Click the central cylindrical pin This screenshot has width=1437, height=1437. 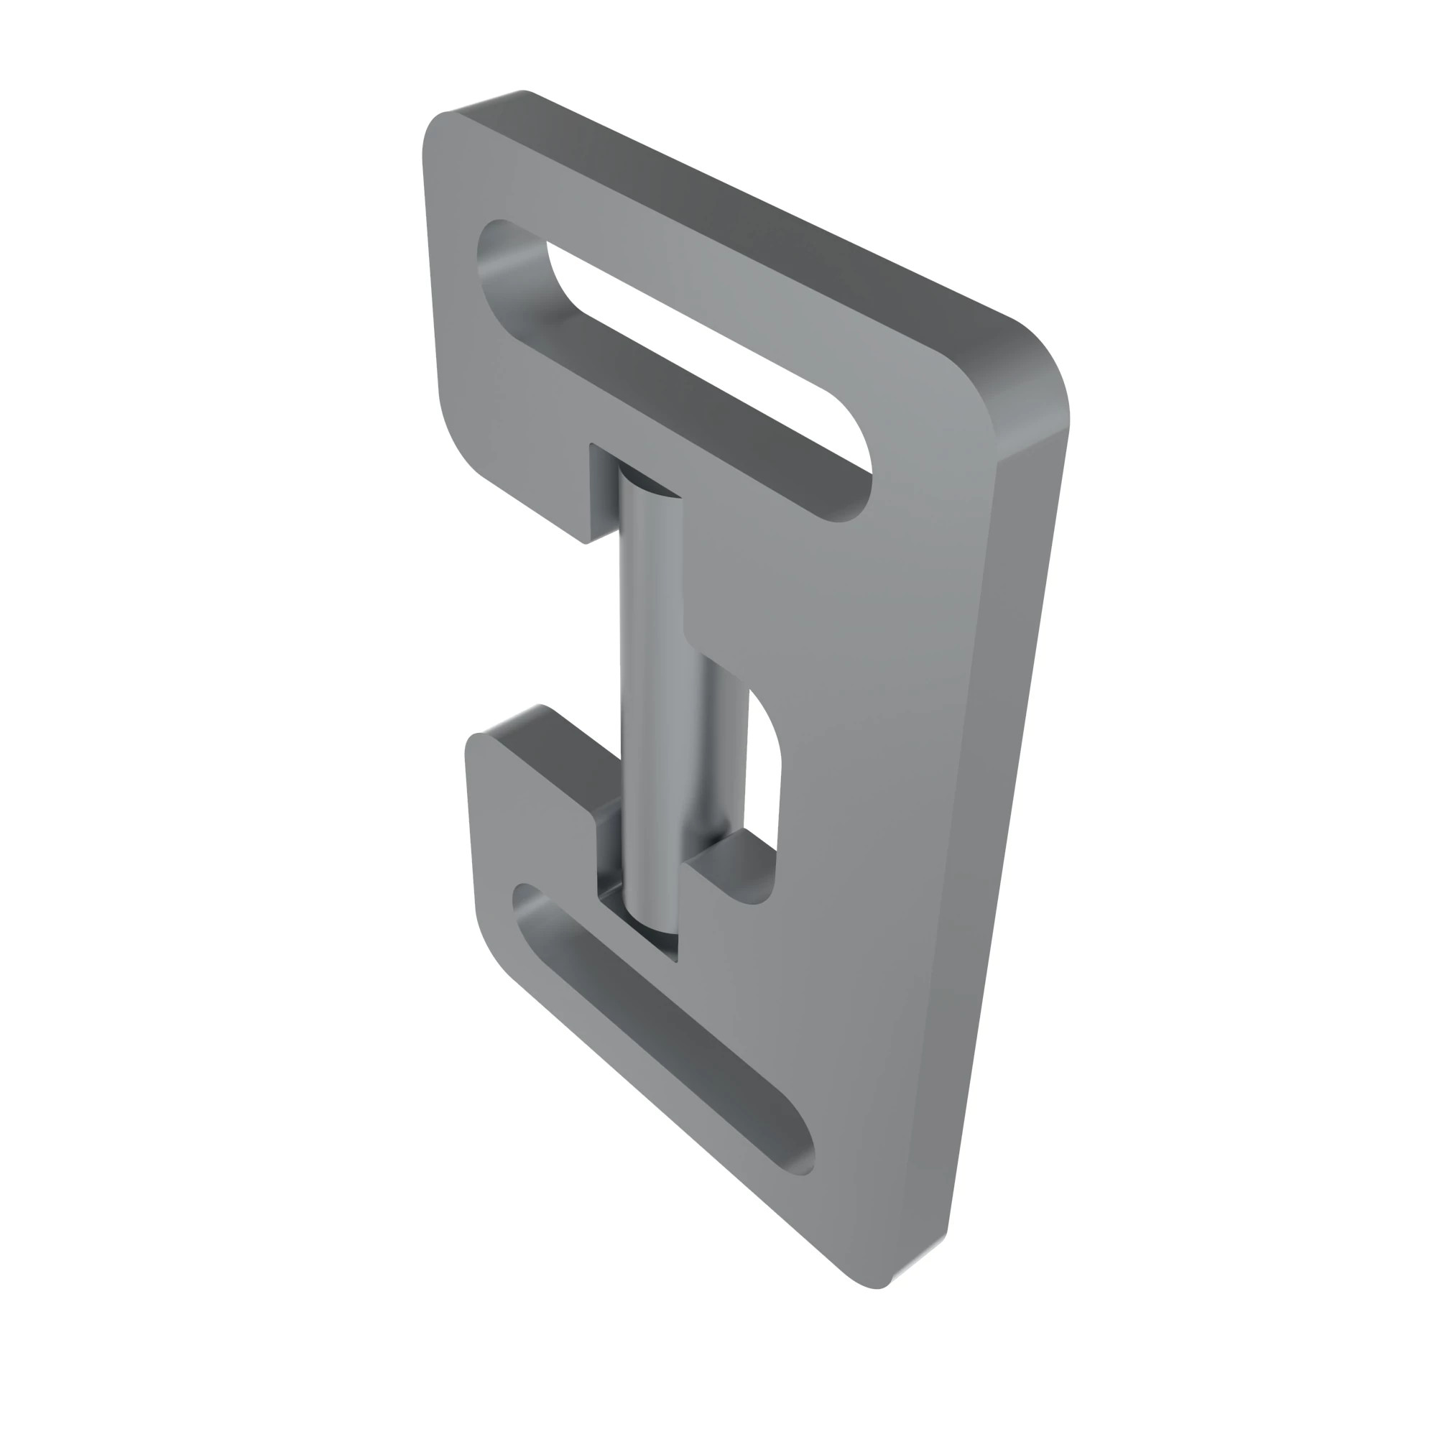pyautogui.click(x=651, y=692)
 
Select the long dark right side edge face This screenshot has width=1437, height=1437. pyautogui.click(x=1004, y=818)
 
